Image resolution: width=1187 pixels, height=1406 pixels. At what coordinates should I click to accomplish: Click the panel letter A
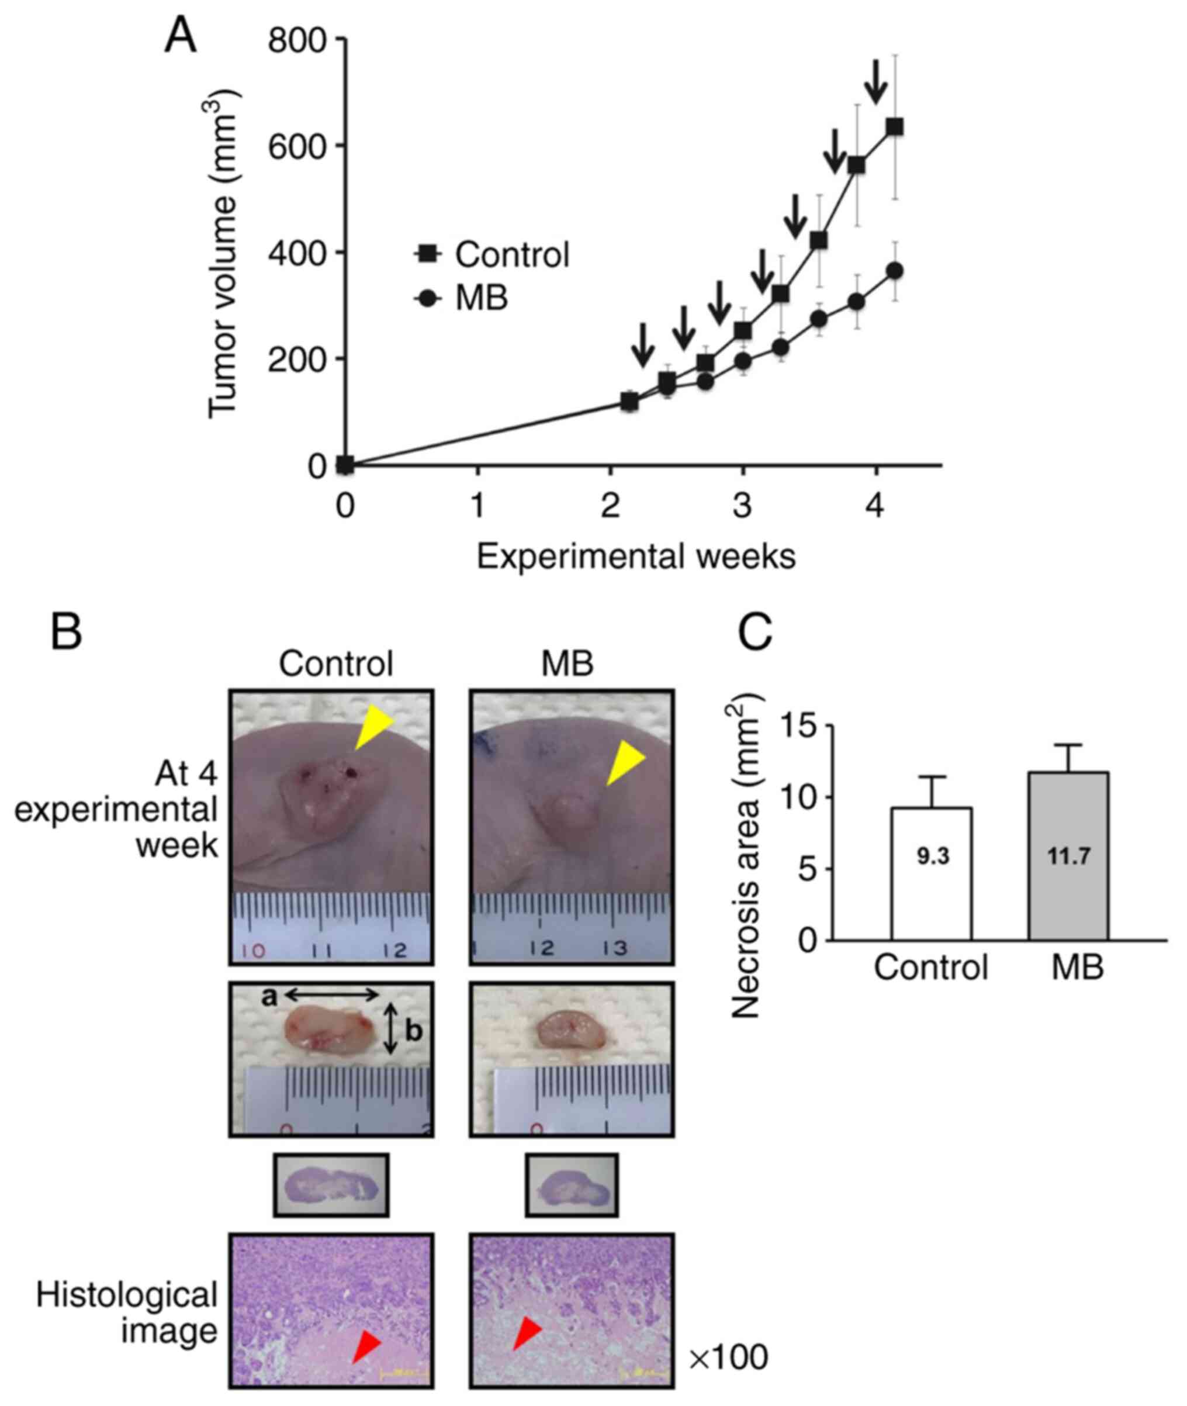pos(181,36)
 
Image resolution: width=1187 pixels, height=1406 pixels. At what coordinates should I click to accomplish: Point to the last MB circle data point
pos(894,271)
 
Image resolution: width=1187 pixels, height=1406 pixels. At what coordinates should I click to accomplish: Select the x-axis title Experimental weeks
pos(636,557)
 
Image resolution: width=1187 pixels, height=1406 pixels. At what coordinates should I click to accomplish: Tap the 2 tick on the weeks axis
pos(610,507)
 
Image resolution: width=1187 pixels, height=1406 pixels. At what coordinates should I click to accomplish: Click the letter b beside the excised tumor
pos(413,1032)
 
